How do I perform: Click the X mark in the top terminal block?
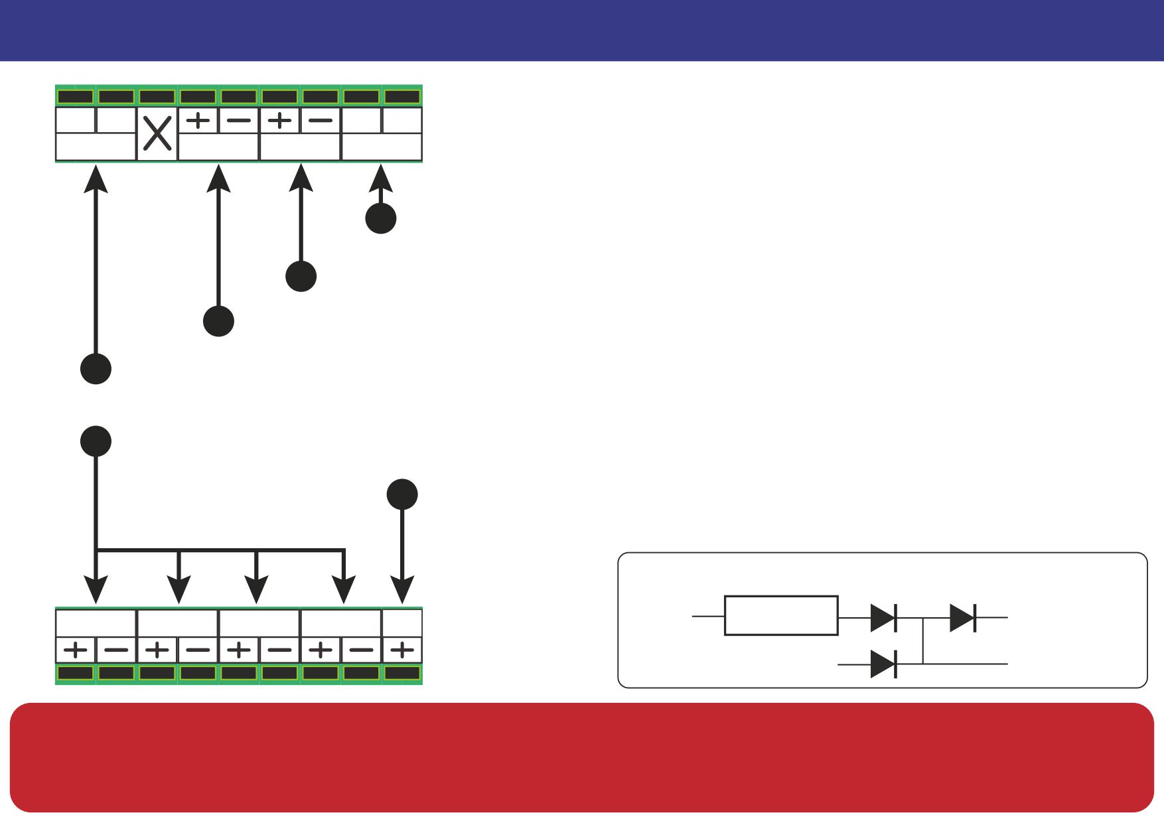point(157,134)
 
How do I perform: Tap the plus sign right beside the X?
point(198,121)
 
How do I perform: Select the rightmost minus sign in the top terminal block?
point(320,121)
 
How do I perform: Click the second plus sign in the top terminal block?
point(279,121)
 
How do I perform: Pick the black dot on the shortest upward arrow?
point(381,218)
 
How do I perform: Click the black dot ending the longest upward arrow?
point(96,368)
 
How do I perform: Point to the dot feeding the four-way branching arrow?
point(96,441)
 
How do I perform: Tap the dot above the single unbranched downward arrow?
point(402,494)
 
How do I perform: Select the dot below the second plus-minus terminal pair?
point(301,276)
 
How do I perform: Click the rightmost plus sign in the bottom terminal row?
point(402,650)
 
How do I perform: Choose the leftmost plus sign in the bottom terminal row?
point(76,650)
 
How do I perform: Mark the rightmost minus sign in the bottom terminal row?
point(361,650)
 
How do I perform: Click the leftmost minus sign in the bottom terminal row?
point(116,650)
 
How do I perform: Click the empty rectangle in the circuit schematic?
point(781,616)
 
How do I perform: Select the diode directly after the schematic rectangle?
point(884,617)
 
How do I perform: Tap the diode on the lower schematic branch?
point(884,664)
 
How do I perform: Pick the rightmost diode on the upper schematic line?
point(963,617)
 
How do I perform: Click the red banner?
point(582,757)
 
